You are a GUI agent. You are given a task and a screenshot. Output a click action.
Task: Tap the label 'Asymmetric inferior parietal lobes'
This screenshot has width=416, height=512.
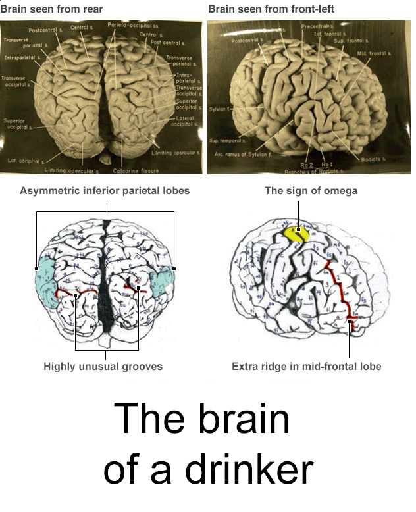point(105,191)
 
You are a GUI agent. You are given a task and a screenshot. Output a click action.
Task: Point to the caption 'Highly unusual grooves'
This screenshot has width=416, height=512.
point(103,367)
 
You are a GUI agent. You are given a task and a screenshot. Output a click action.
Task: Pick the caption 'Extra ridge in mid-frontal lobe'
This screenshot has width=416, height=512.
point(307,367)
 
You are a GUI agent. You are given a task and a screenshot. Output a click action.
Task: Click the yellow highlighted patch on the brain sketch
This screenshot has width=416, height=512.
point(296,234)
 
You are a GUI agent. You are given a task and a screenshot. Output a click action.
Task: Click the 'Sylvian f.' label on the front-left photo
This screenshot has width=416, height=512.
point(219,108)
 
